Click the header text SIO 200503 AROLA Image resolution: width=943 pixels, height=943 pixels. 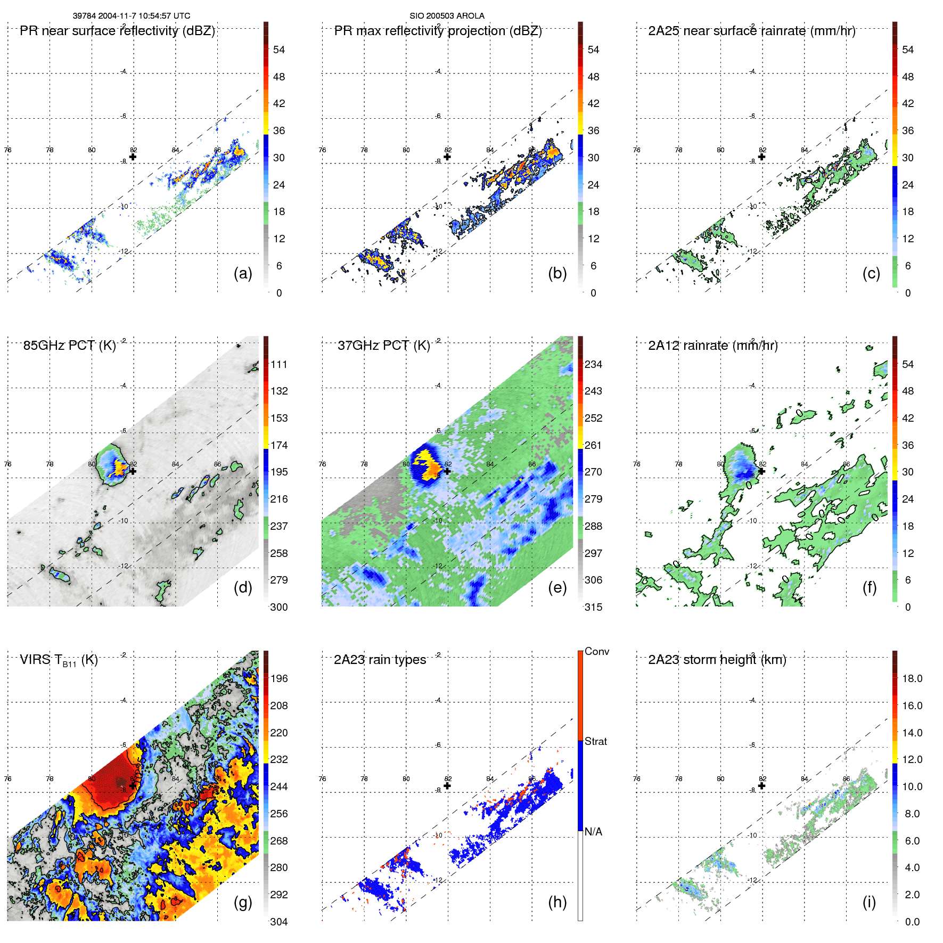(447, 16)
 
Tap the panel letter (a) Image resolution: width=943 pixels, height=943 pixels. (243, 273)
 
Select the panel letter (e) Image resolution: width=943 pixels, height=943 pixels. (557, 587)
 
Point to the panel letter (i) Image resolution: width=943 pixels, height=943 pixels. (869, 902)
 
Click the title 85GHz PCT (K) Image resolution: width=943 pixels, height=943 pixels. (69, 345)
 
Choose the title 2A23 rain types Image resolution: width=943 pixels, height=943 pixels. (380, 660)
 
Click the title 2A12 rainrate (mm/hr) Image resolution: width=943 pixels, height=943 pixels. (712, 345)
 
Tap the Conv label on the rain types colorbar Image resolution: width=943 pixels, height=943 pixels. (596, 651)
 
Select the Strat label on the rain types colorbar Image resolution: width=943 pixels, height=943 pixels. (595, 741)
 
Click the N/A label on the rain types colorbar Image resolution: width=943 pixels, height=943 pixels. (593, 832)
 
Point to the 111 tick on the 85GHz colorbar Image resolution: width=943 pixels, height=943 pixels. (279, 364)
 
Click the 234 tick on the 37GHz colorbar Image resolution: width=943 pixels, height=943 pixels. (593, 364)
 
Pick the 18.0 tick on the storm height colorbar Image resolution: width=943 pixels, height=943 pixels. (912, 678)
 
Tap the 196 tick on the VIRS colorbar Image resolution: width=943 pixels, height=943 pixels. (279, 678)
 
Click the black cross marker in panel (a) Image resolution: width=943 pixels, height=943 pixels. (133, 157)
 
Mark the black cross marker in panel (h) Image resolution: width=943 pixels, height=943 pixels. (447, 785)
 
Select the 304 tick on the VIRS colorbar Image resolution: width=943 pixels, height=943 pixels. (279, 922)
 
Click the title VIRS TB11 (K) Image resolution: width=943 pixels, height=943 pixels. (59, 660)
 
